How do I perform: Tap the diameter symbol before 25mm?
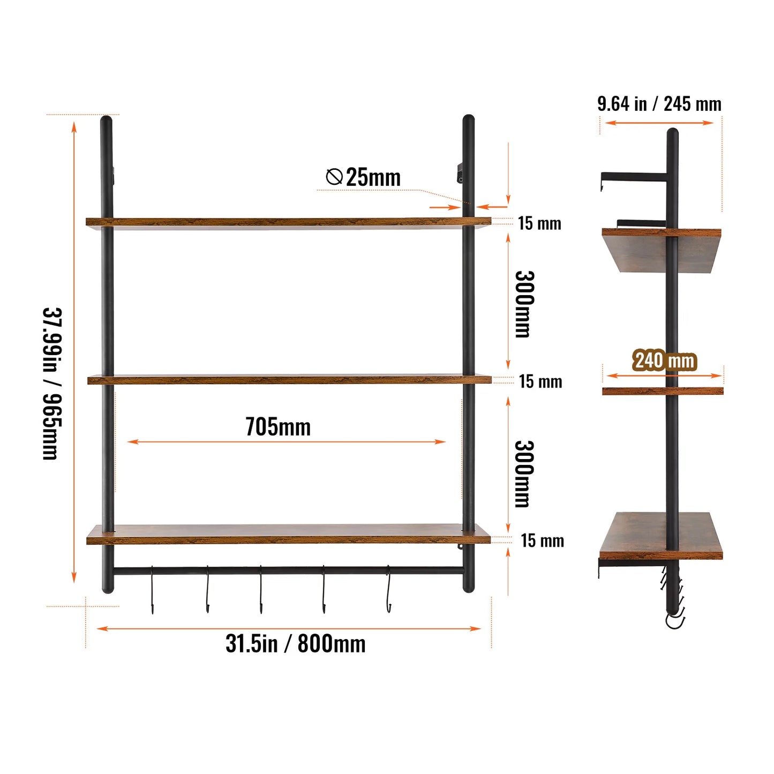click(x=334, y=176)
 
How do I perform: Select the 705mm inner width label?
click(x=278, y=427)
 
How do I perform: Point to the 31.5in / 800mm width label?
click(x=296, y=643)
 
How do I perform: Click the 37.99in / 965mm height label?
click(x=52, y=384)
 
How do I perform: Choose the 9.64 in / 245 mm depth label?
click(x=659, y=104)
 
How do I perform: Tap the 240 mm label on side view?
click(x=665, y=360)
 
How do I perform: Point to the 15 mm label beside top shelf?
click(x=539, y=223)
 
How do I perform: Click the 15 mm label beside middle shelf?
click(x=540, y=381)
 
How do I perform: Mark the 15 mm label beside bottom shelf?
click(x=543, y=540)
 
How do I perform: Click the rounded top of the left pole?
click(x=106, y=121)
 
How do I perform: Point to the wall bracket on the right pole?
click(x=460, y=173)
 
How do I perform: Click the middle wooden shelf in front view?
click(x=289, y=380)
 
